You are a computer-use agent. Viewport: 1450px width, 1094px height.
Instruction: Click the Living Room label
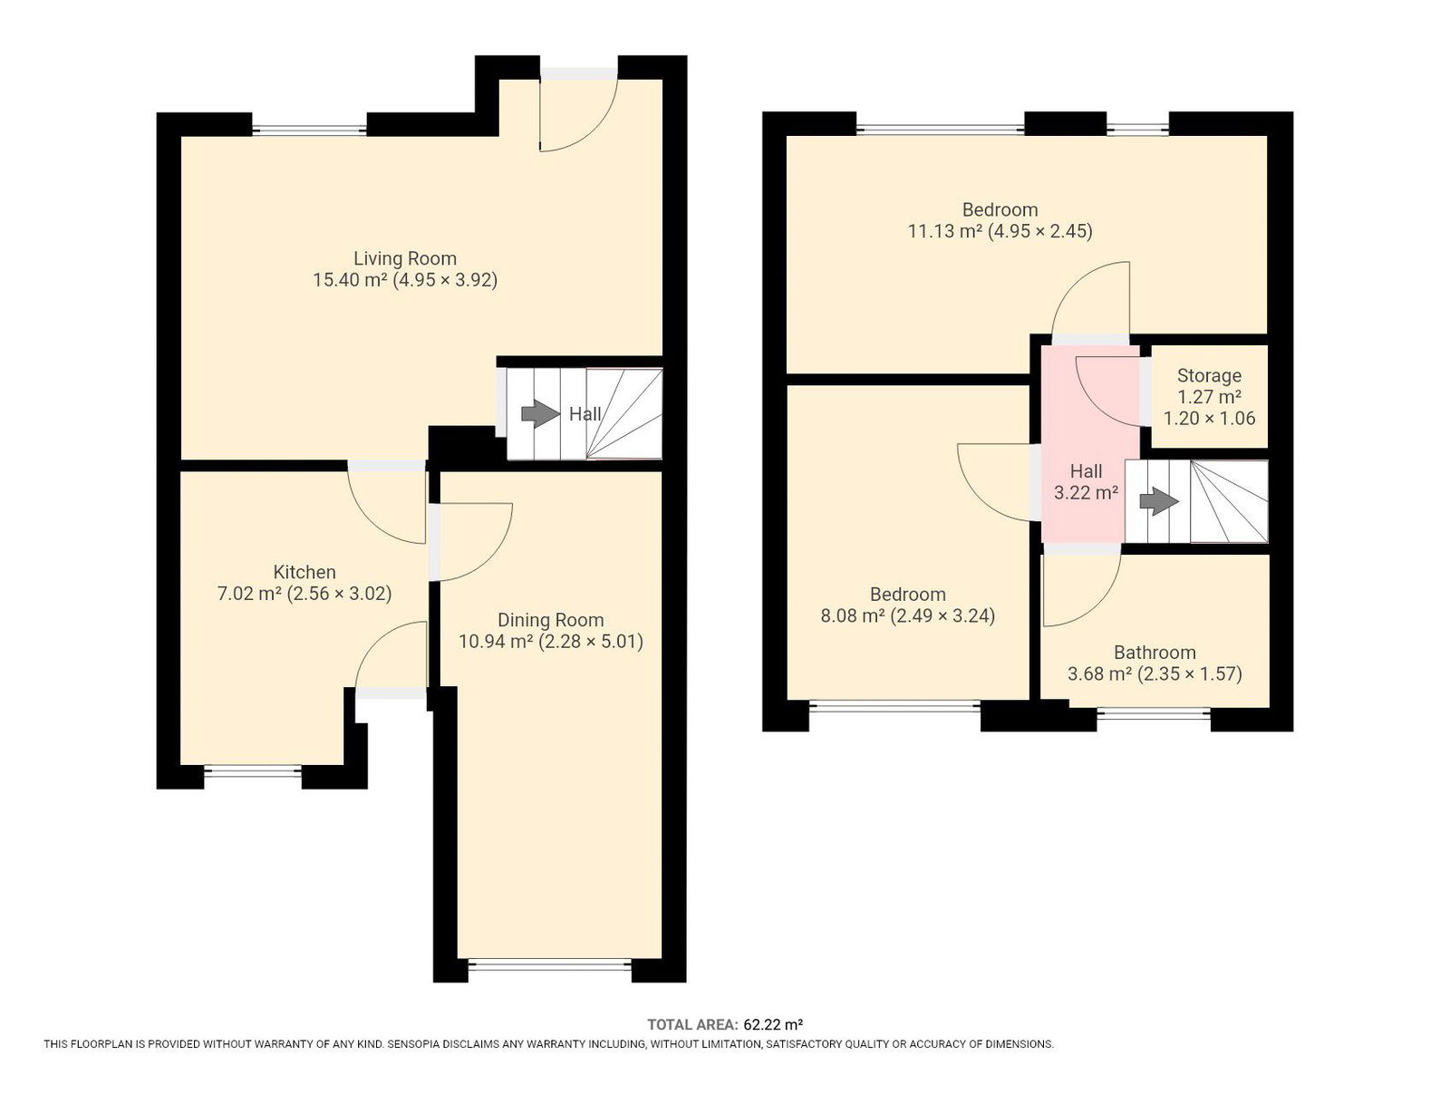pyautogui.click(x=404, y=258)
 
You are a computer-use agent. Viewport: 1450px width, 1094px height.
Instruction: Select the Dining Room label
pyautogui.click(x=550, y=620)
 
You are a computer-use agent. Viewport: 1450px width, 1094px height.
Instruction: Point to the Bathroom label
pyautogui.click(x=1155, y=652)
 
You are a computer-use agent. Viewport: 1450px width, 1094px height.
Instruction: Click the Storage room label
pyautogui.click(x=1209, y=376)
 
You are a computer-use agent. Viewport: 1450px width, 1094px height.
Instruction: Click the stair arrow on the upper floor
pyautogui.click(x=1159, y=501)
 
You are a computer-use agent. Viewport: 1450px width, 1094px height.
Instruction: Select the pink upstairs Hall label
pyautogui.click(x=1086, y=471)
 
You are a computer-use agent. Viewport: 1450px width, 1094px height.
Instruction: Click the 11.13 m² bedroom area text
pyautogui.click(x=944, y=231)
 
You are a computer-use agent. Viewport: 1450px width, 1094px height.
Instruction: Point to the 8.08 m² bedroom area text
pyautogui.click(x=853, y=615)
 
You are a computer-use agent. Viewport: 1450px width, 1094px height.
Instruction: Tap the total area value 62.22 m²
pyautogui.click(x=773, y=1024)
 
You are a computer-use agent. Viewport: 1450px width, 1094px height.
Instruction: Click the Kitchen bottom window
pyautogui.click(x=253, y=770)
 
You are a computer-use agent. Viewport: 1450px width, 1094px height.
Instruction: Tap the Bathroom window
pyautogui.click(x=1154, y=712)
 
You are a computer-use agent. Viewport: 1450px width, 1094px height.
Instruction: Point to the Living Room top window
pyautogui.click(x=309, y=131)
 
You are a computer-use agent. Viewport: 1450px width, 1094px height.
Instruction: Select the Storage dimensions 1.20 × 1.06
pyautogui.click(x=1209, y=418)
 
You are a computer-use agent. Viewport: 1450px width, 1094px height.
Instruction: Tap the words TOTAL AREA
pyautogui.click(x=692, y=1024)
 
